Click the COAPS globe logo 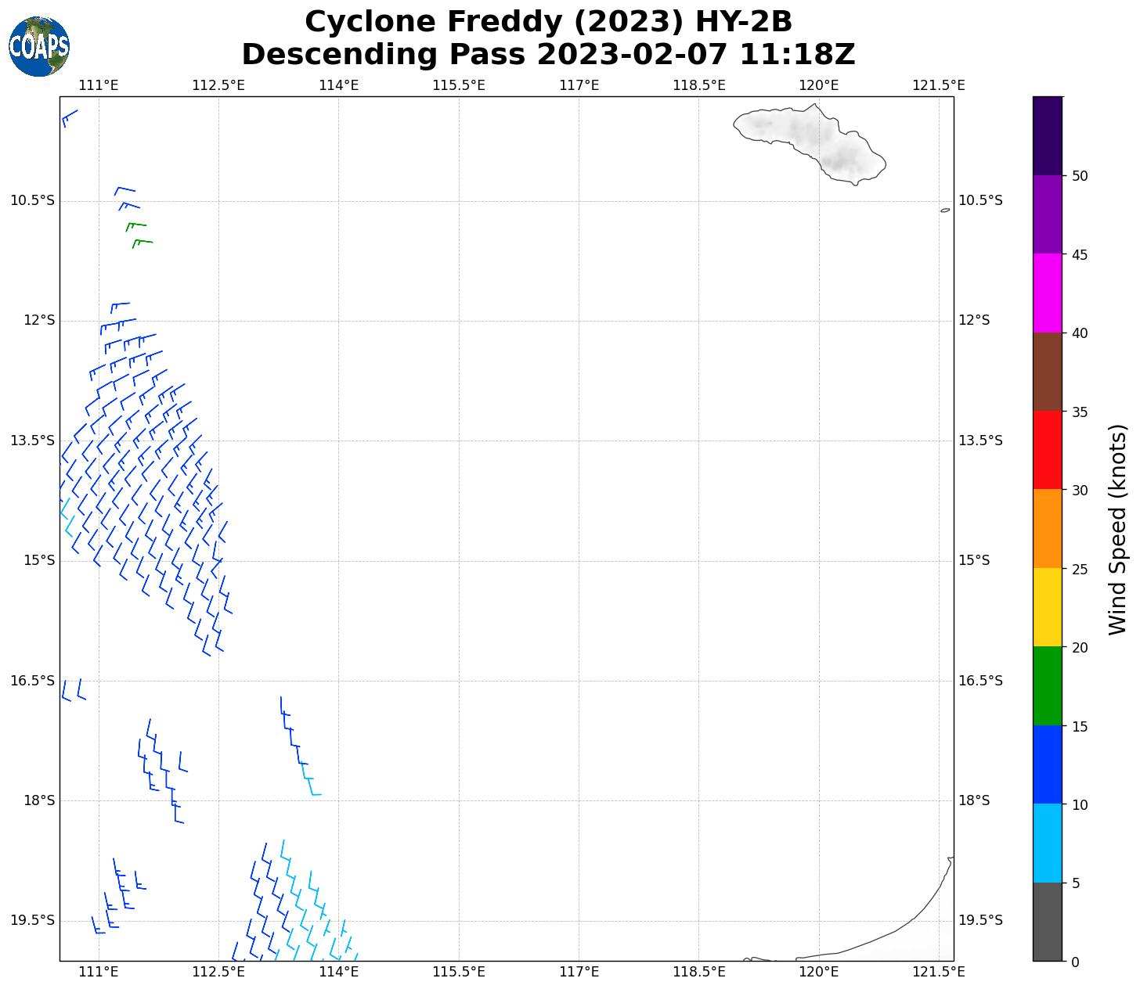point(39,47)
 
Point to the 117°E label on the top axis point(579,85)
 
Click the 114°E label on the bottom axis point(339,972)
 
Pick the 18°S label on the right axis point(974,800)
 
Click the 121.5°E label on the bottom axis point(939,972)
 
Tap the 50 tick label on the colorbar point(1080,176)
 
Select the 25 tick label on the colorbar point(1080,569)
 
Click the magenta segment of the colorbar point(1047,293)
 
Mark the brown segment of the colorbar point(1047,372)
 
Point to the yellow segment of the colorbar point(1047,607)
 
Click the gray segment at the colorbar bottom point(1047,922)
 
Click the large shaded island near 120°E point(814,141)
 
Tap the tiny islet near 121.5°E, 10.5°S point(945,210)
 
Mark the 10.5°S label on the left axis point(33,200)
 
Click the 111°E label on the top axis point(99,85)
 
